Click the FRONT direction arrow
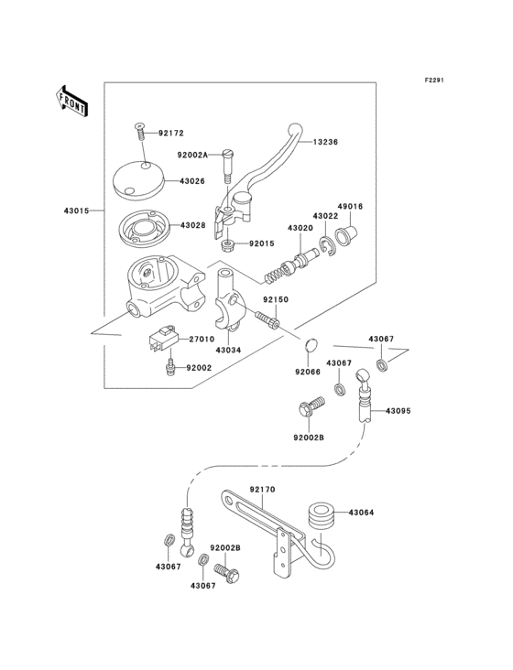(72, 101)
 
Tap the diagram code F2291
(434, 81)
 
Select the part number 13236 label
(325, 142)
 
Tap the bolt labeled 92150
(267, 320)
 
